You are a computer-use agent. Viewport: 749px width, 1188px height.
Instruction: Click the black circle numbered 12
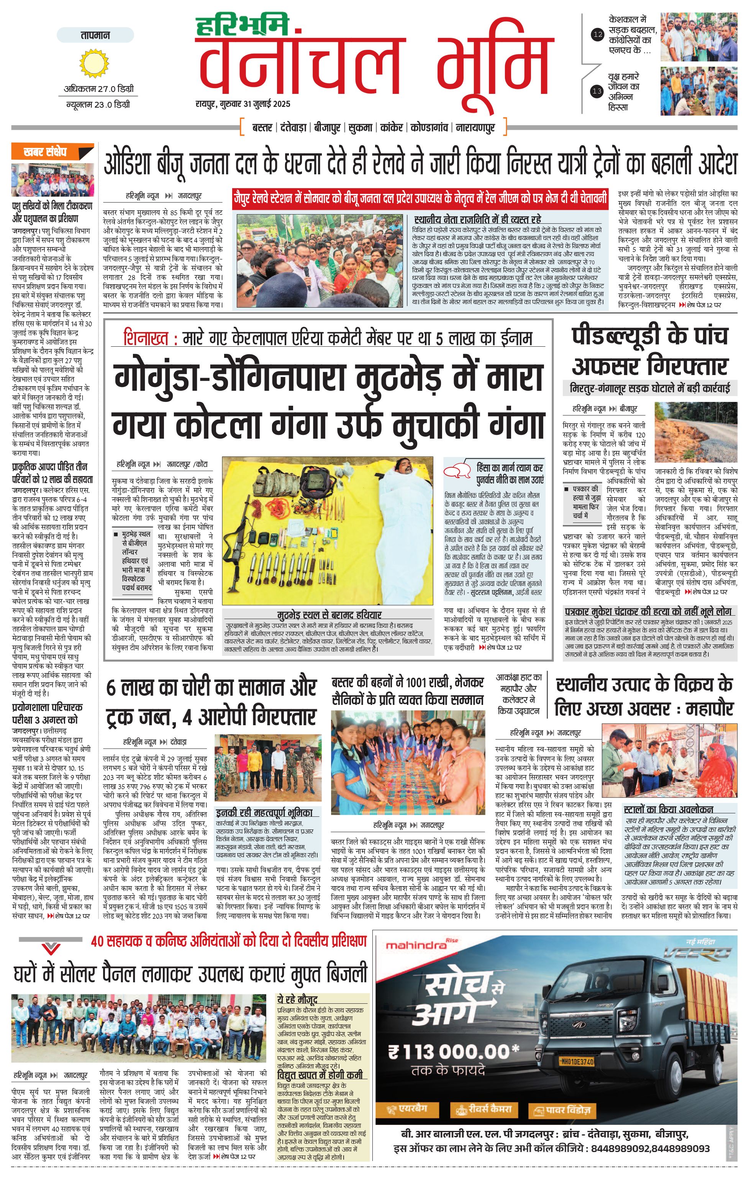click(598, 34)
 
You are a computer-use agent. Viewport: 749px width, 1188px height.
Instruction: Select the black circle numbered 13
click(597, 91)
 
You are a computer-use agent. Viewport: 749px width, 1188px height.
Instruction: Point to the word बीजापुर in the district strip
click(327, 128)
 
